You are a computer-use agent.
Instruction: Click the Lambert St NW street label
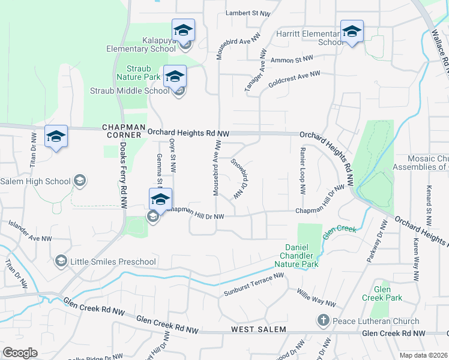tap(248, 13)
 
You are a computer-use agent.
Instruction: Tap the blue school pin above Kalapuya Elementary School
tap(184, 30)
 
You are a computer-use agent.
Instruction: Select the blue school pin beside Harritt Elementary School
tap(352, 31)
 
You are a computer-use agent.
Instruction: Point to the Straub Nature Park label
tap(139, 73)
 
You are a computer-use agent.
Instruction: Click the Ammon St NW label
tap(292, 60)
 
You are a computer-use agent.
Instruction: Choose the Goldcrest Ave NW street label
tap(295, 79)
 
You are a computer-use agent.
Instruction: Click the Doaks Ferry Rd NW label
tap(122, 175)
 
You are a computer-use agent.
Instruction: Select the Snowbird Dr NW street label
tap(240, 179)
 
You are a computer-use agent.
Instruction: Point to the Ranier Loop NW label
tap(303, 170)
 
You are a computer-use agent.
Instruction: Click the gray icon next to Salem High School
tap(79, 181)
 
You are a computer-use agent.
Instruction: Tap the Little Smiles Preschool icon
tap(61, 261)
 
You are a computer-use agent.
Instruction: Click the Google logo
tap(20, 353)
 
